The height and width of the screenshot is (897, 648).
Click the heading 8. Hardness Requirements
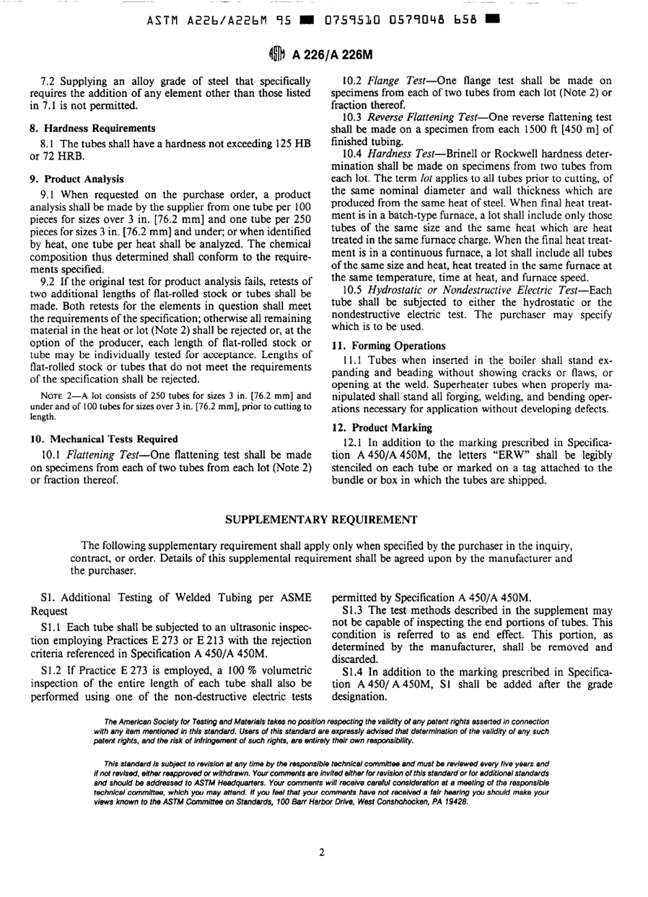coord(92,128)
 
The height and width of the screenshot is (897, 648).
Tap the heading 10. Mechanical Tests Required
coord(104,439)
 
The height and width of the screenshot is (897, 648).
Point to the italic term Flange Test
coord(391,81)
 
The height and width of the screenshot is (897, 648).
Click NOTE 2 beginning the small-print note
coord(56,396)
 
